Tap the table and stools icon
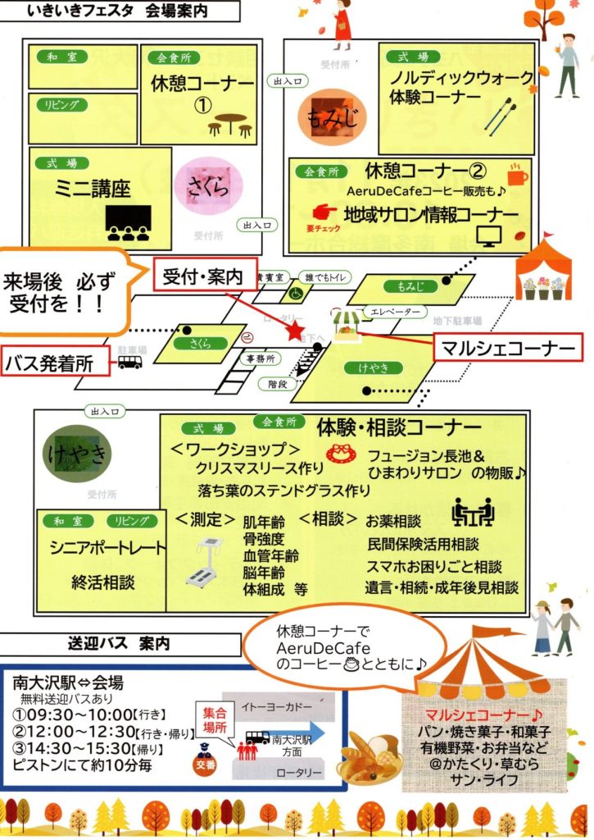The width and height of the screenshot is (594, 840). (x=229, y=124)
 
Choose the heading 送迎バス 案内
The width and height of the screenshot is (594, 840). (x=120, y=645)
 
